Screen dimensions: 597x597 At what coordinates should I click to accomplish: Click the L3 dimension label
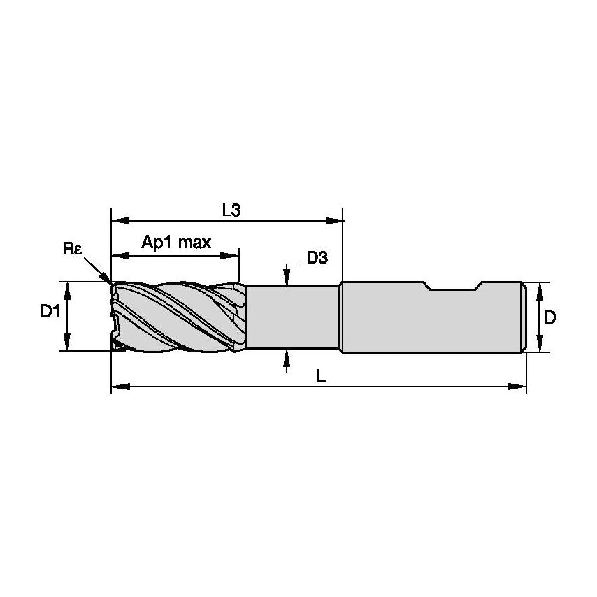(x=231, y=209)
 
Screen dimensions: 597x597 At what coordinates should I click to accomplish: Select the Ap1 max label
(x=176, y=243)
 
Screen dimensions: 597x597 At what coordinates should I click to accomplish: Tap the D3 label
(x=317, y=258)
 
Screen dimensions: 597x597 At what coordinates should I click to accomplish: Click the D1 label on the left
(x=49, y=312)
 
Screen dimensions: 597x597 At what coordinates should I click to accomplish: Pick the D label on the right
(x=550, y=317)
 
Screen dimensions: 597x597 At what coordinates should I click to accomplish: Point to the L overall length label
(x=319, y=375)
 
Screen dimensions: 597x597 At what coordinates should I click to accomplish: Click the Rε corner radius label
(x=72, y=248)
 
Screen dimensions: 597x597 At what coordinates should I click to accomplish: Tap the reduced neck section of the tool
(x=294, y=317)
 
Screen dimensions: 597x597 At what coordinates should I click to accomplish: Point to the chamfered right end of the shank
(x=522, y=317)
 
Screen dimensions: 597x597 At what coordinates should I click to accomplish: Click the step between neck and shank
(x=340, y=317)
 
